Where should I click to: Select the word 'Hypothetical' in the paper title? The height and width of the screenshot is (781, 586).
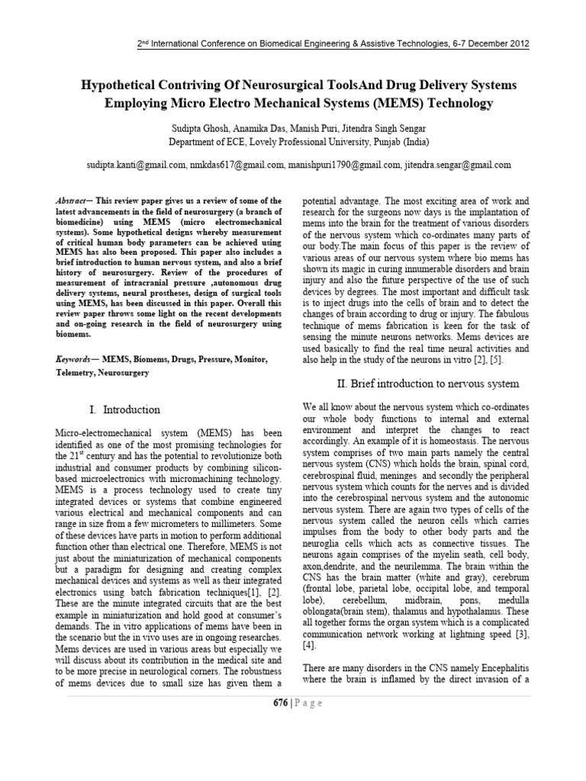click(114, 84)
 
